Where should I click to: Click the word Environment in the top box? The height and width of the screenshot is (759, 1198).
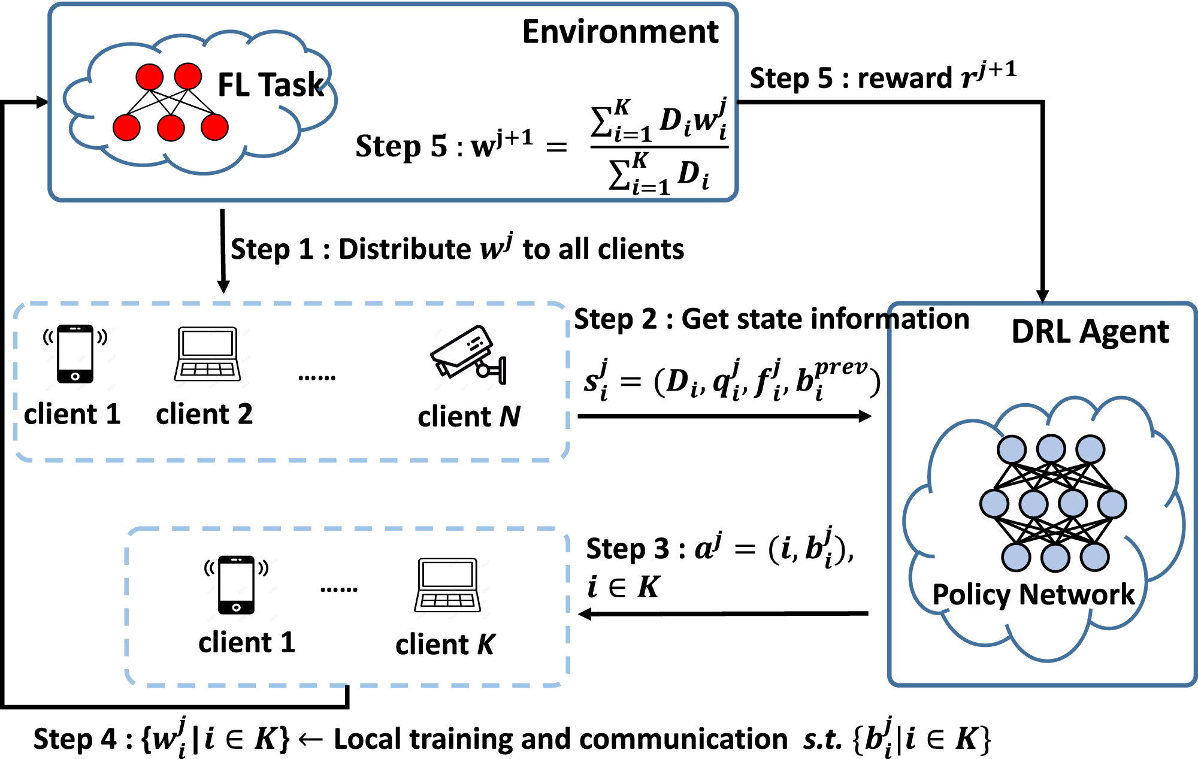(x=620, y=32)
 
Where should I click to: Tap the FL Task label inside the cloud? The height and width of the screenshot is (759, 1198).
(x=270, y=84)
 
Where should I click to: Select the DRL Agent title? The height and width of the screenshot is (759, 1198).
(x=1090, y=331)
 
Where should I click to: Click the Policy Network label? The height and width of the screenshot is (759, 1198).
(x=1033, y=594)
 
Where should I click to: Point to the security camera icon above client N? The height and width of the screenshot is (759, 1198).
(x=468, y=355)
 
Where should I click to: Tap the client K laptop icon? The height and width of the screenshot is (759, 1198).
(x=447, y=585)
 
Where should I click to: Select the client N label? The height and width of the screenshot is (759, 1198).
(x=469, y=416)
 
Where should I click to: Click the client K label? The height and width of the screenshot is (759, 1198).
(x=445, y=645)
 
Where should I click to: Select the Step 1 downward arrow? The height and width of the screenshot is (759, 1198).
(x=223, y=252)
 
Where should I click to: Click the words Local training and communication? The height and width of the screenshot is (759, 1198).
(x=560, y=739)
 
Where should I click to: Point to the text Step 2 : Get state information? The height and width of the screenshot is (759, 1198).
(x=771, y=319)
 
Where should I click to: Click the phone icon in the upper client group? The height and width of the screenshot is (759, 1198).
(x=75, y=354)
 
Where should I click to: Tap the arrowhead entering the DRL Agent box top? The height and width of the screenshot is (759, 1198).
(x=1042, y=296)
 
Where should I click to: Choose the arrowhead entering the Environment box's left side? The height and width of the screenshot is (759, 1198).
(x=42, y=102)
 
